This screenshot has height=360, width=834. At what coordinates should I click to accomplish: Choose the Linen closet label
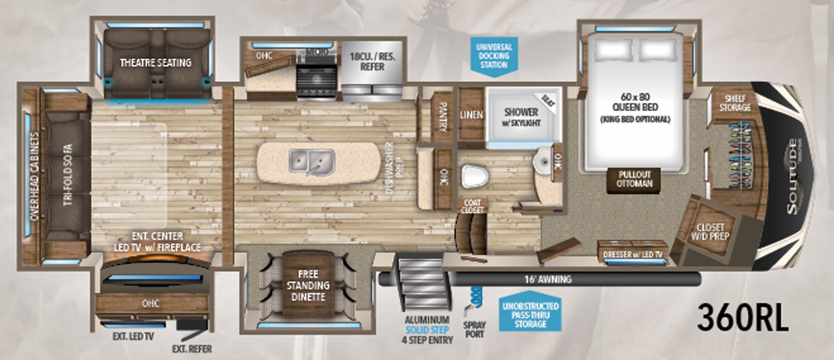[x=471, y=113]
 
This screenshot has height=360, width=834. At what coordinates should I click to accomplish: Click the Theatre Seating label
[x=155, y=63]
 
